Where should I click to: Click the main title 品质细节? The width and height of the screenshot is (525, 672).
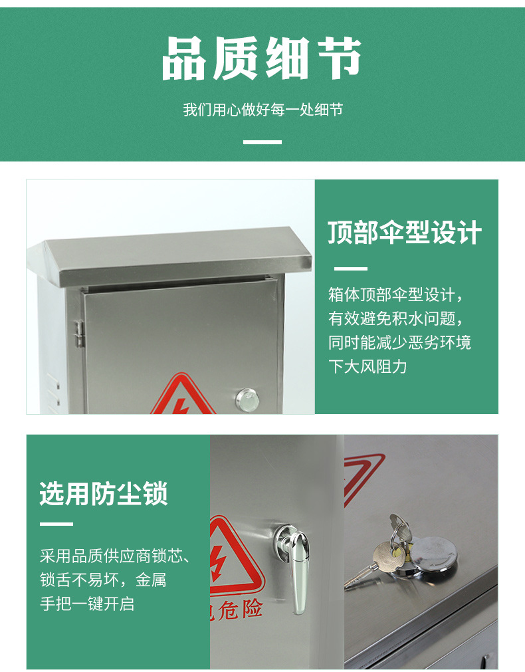(x=262, y=58)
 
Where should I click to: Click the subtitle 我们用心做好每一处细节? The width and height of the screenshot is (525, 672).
(x=262, y=110)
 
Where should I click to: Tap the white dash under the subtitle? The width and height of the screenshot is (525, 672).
(x=262, y=142)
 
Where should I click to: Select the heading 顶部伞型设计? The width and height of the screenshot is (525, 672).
(x=405, y=233)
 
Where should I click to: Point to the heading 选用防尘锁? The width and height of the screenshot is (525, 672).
(x=103, y=494)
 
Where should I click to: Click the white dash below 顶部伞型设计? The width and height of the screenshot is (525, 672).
(x=351, y=269)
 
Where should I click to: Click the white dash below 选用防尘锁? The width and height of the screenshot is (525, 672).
(x=56, y=524)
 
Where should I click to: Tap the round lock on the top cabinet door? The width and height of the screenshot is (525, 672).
(x=247, y=400)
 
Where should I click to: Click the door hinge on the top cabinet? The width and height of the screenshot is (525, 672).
(x=79, y=334)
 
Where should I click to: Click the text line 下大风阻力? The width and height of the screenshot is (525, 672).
(x=367, y=366)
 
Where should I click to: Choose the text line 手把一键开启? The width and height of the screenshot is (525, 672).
(x=87, y=604)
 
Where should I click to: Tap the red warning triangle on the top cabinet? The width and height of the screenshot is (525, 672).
(x=183, y=395)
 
